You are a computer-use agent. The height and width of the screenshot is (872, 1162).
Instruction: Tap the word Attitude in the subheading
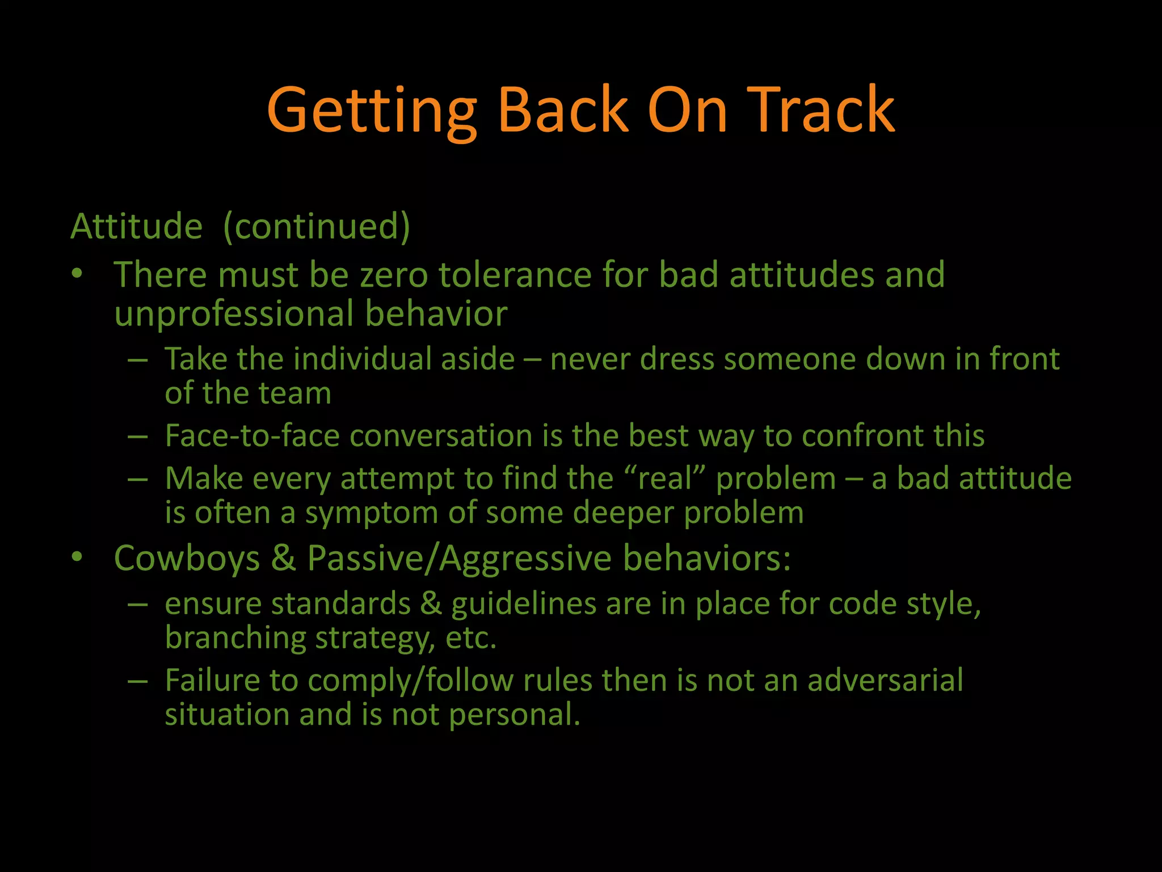[136, 227]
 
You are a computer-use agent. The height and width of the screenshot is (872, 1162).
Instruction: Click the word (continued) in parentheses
[317, 227]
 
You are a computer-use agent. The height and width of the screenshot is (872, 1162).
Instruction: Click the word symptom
[372, 513]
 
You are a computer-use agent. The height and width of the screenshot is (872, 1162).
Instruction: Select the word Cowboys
[187, 558]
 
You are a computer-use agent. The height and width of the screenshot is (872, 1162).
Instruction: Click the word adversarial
[885, 680]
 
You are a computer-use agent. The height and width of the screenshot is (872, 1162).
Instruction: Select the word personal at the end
[514, 715]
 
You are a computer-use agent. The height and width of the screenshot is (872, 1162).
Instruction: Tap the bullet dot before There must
[77, 274]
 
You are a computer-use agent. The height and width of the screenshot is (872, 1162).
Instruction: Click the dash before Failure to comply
[138, 680]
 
